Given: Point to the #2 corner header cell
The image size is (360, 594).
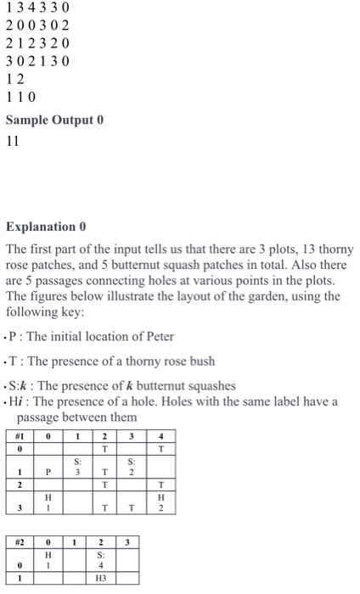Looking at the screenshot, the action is (19, 540).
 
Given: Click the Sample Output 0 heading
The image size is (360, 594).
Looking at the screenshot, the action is (54, 120).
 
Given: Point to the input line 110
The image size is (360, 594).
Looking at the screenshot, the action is (21, 97).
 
